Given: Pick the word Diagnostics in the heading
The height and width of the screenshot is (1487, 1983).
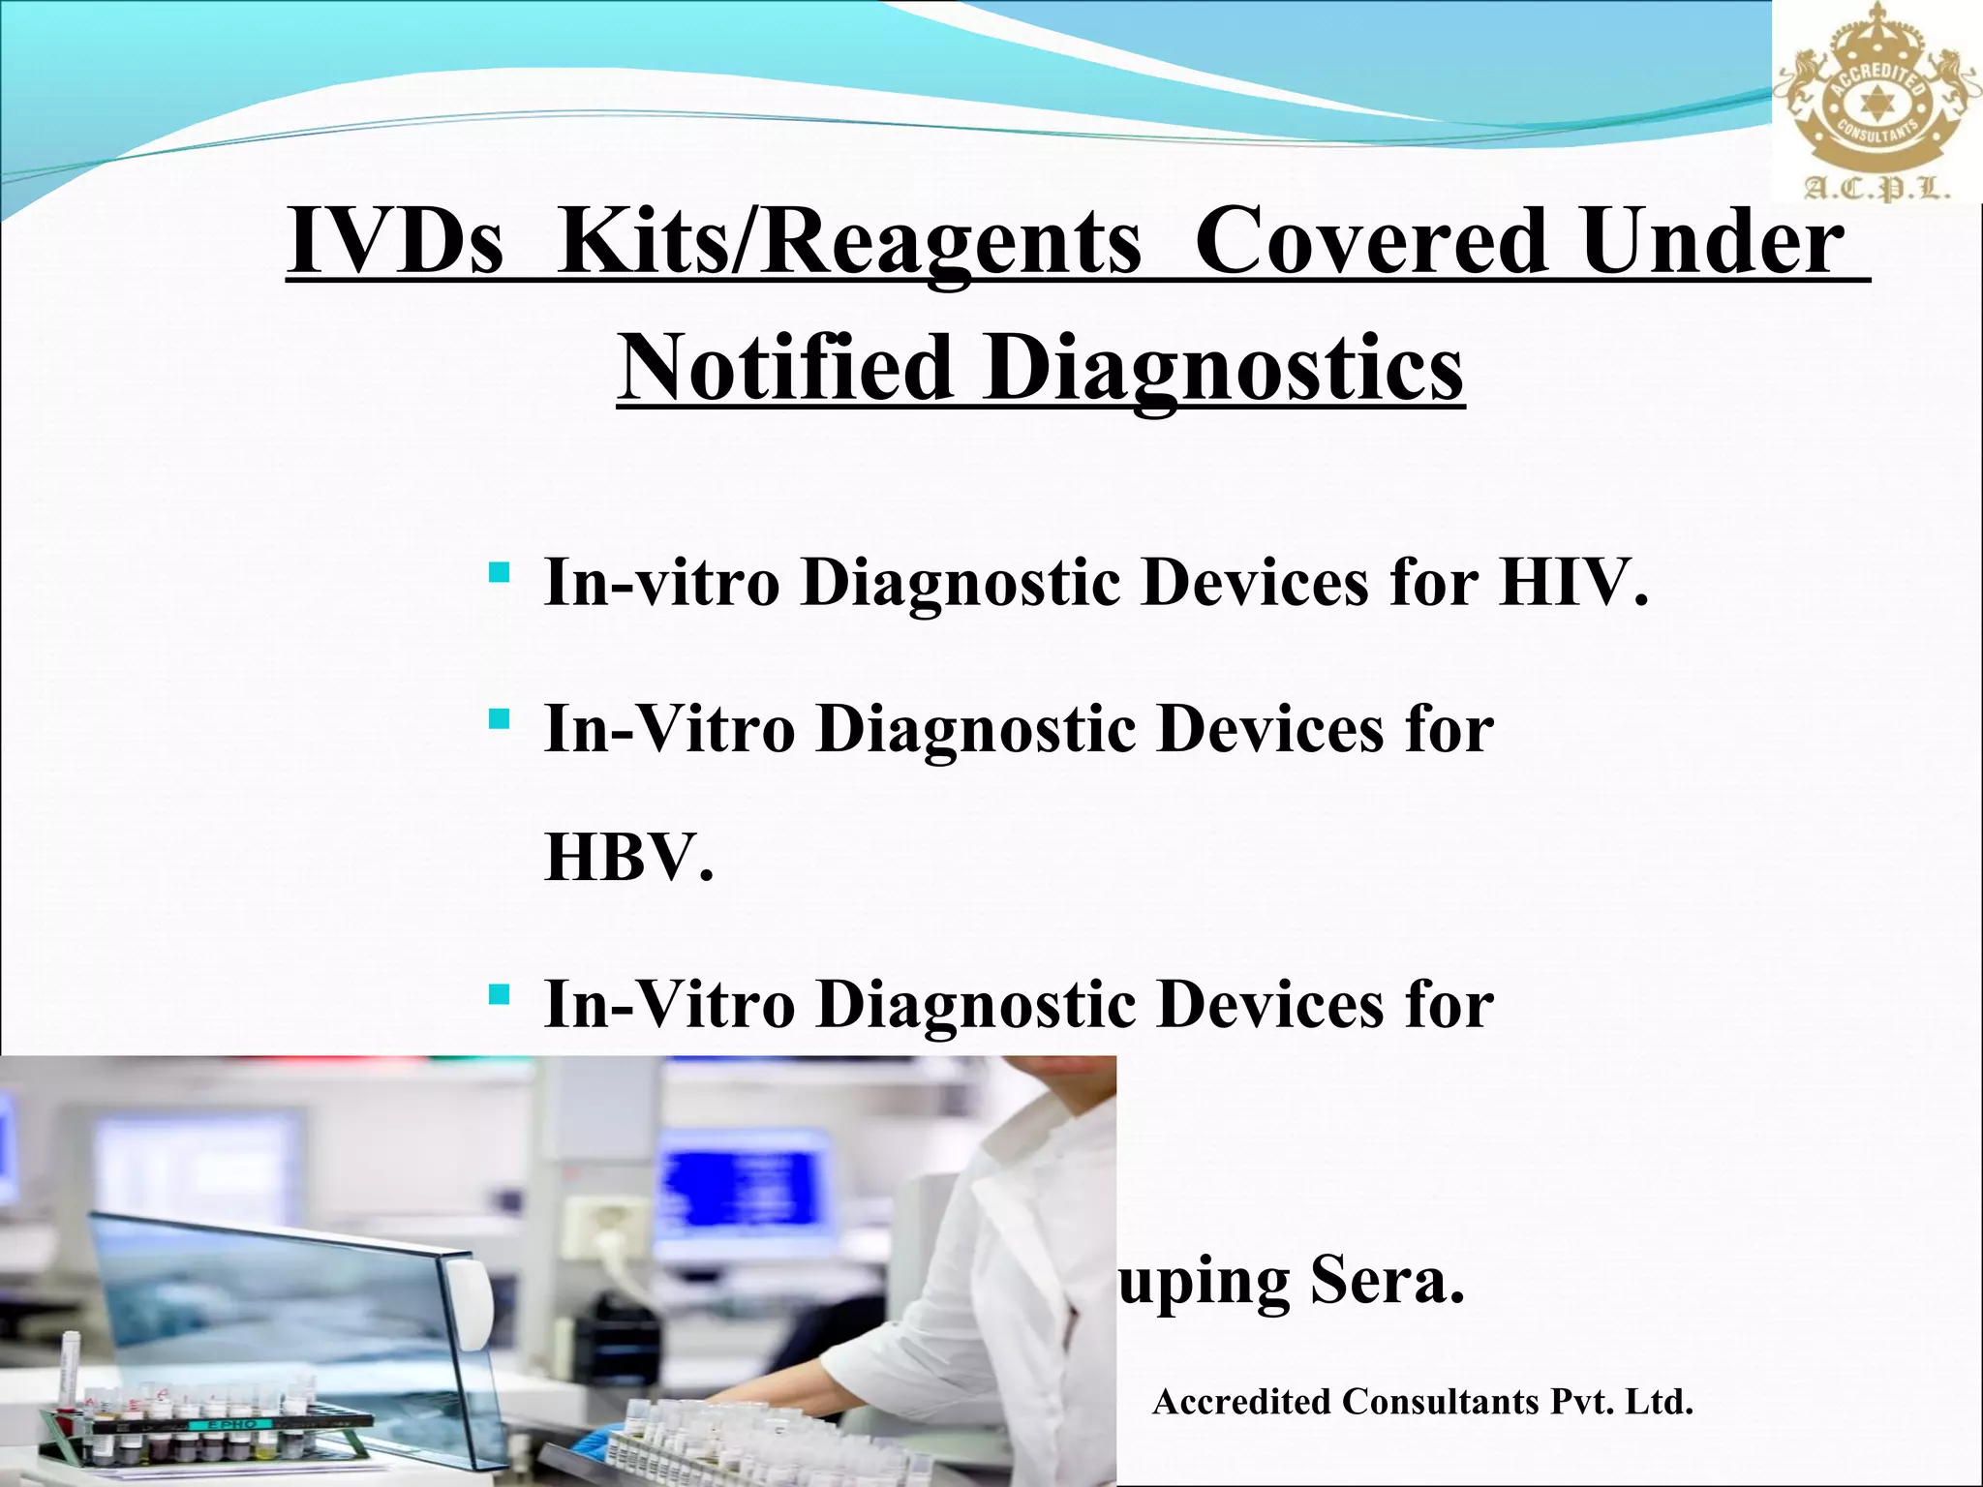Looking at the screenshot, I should click(x=1223, y=370).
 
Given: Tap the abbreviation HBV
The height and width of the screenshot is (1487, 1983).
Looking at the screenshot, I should click(x=627, y=858).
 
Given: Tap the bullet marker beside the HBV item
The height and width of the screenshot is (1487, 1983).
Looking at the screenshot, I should click(x=500, y=719).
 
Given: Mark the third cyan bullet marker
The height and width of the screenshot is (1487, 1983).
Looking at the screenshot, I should click(x=500, y=994).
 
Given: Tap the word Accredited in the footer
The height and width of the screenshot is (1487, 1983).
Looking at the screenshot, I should click(x=1241, y=1402).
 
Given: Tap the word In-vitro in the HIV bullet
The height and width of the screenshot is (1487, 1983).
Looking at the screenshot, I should click(x=661, y=583).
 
